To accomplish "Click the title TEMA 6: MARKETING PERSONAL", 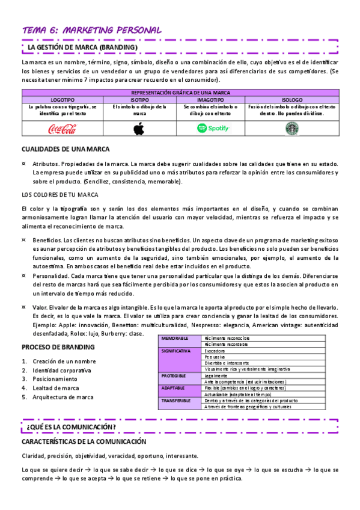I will pyautogui.click(x=91, y=29).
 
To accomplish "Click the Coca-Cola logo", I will pyautogui.click(x=63, y=128).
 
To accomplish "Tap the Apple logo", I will pyautogui.click(x=139, y=128).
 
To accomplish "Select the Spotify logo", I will pyautogui.click(x=214, y=128).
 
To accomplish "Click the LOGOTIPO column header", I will pyautogui.click(x=63, y=99).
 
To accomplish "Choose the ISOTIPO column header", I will pyautogui.click(x=139, y=99).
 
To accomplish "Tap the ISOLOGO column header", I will pyautogui.click(x=291, y=99).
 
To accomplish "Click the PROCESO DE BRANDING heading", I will pyautogui.click(x=58, y=347).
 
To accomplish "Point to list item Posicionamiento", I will pyautogui.click(x=55, y=379).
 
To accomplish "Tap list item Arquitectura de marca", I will pyautogui.click(x=63, y=397).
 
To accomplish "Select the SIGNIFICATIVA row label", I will pyautogui.click(x=176, y=351).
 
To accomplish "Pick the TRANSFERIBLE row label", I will pyautogui.click(x=176, y=400).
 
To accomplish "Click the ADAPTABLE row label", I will pyautogui.click(x=174, y=388).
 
